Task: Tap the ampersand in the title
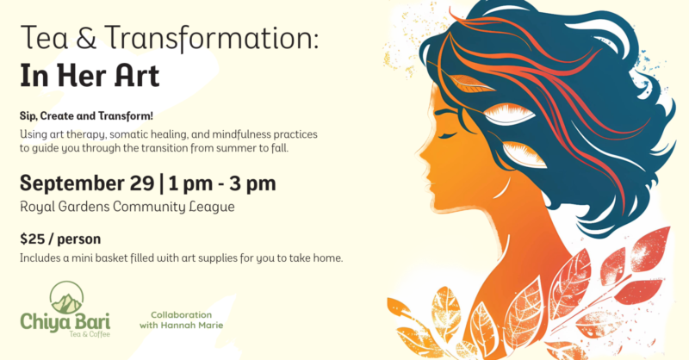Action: pyautogui.click(x=86, y=37)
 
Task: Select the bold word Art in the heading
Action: pyautogui.click(x=137, y=76)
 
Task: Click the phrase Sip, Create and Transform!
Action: pyautogui.click(x=86, y=116)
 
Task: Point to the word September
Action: pyautogui.click(x=87, y=183)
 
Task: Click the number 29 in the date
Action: pyautogui.click(x=142, y=183)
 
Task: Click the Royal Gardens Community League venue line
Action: pyautogui.click(x=127, y=207)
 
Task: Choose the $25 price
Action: pyautogui.click(x=33, y=239)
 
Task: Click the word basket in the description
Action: pyautogui.click(x=114, y=258)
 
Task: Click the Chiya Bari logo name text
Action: pyautogui.click(x=65, y=322)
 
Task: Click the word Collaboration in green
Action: pyautogui.click(x=181, y=314)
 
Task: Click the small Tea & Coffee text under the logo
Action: pyautogui.click(x=90, y=334)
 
